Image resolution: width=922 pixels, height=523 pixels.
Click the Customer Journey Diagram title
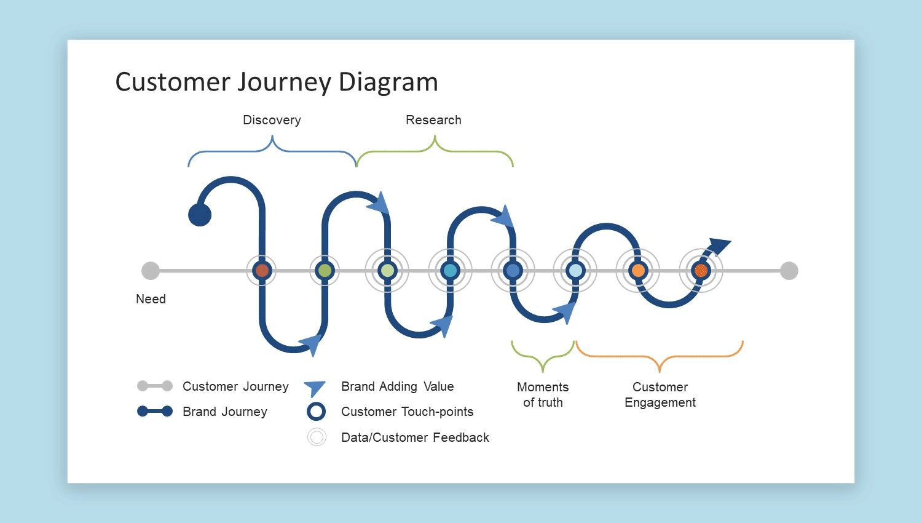coord(277,82)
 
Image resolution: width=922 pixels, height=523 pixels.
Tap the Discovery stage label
coord(272,120)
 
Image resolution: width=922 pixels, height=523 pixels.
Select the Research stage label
coord(433,120)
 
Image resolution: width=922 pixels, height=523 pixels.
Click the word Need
coord(151,299)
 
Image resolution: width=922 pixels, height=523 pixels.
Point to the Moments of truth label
coord(543,394)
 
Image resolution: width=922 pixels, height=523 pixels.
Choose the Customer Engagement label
coord(660,394)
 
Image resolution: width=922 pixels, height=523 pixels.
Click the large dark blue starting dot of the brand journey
coord(200,215)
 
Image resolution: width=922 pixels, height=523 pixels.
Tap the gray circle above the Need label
coord(151,271)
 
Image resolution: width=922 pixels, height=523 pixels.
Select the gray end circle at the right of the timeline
coord(789,271)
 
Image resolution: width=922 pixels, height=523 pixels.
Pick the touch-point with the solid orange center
coord(638,271)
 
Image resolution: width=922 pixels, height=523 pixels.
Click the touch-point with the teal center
coord(451,271)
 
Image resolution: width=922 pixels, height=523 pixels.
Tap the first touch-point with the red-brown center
coord(262,271)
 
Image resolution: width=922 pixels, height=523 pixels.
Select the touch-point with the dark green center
coord(325,271)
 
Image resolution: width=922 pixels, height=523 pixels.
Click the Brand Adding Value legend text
coord(397,386)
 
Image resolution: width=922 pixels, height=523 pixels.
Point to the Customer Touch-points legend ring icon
coord(316,412)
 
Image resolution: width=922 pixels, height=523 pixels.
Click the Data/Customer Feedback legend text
coord(415,437)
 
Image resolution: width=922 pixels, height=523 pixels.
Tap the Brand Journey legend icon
coord(155,412)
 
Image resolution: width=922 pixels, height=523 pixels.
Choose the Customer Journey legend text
coord(235,386)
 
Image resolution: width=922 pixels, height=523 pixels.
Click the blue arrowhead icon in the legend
coord(315,388)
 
